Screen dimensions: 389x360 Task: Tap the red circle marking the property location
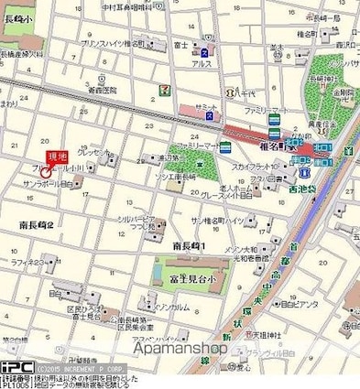tap(47, 170)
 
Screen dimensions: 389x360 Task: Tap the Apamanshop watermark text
tap(180, 347)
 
